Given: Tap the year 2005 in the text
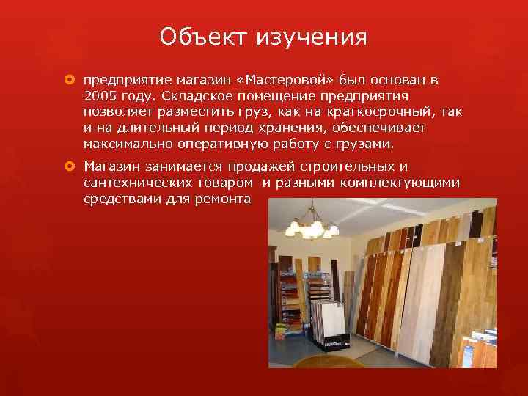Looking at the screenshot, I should coord(100,96).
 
